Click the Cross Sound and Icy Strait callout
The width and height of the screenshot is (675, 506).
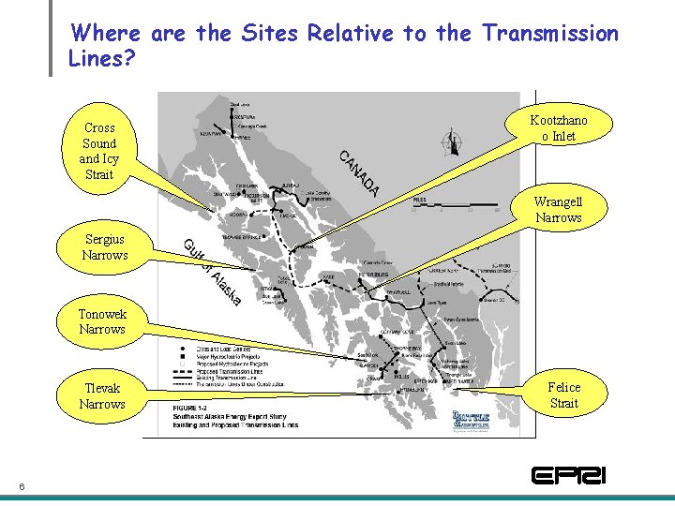click(x=99, y=151)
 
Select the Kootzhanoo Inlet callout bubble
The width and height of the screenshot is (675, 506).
click(x=559, y=127)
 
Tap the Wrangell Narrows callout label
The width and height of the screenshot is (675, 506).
click(x=558, y=210)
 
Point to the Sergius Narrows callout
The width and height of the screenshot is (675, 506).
click(x=105, y=247)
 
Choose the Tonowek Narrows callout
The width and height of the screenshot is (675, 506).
click(x=102, y=321)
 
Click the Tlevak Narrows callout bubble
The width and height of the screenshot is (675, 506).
click(x=102, y=396)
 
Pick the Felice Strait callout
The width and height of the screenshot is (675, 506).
click(x=563, y=394)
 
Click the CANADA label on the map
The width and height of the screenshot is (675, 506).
click(x=359, y=173)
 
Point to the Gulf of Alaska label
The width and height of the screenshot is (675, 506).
click(x=213, y=272)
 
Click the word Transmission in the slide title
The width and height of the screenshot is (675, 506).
click(x=550, y=34)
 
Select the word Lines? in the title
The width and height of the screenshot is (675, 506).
click(x=102, y=58)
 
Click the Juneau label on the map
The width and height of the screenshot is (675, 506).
click(x=291, y=186)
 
